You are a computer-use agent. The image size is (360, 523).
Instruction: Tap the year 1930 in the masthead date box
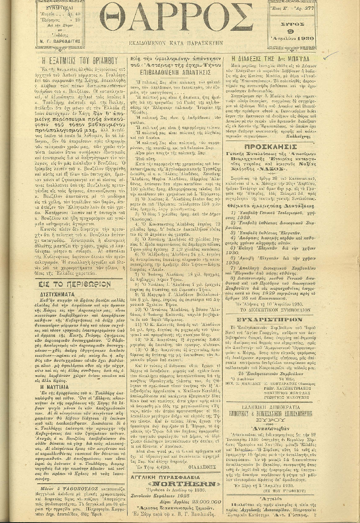(x=303, y=38)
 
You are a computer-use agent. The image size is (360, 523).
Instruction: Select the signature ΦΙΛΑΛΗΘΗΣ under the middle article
(x=200, y=455)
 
